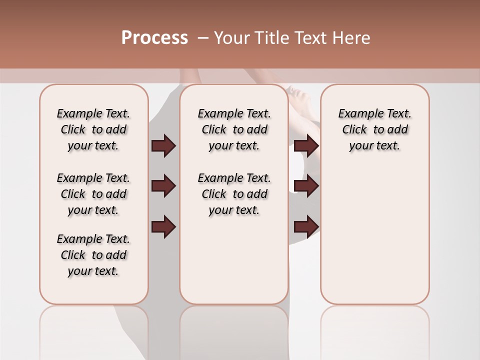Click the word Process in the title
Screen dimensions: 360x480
coord(154,38)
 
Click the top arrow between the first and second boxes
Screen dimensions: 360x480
coord(163,146)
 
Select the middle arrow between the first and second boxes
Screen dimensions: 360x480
coord(163,186)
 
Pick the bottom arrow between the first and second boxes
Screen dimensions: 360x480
coord(163,226)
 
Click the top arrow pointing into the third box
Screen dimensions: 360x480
coord(306,146)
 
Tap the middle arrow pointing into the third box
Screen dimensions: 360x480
coord(306,186)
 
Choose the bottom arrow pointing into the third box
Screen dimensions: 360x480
coord(306,226)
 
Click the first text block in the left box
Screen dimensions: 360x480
coord(93,129)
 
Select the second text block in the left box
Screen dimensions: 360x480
coord(93,194)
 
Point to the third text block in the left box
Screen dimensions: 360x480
coord(93,255)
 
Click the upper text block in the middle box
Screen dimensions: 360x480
coord(234,129)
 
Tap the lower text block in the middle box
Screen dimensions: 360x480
coord(234,194)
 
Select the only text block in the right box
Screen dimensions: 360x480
coord(375,129)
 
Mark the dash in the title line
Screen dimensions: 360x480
coord(203,38)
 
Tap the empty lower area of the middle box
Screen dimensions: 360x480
coord(234,260)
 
